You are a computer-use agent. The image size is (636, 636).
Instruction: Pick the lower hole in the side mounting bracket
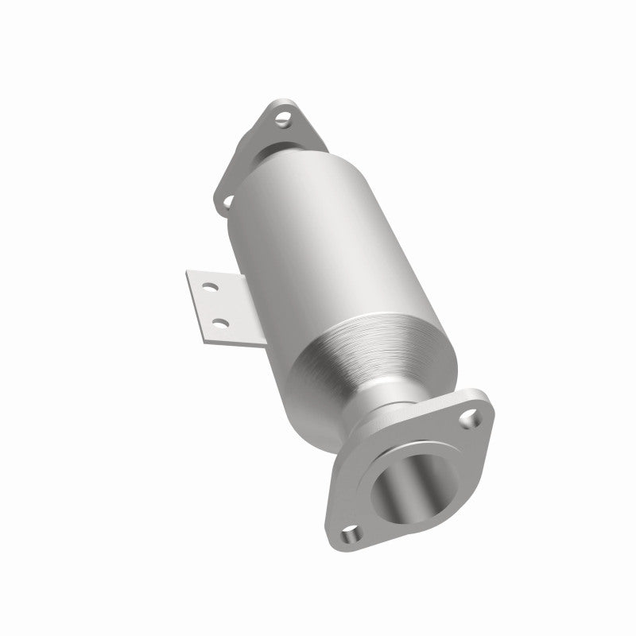220,322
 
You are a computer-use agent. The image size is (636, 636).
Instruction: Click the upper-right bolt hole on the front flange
474,414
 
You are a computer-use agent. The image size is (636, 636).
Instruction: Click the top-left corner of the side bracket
189,273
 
